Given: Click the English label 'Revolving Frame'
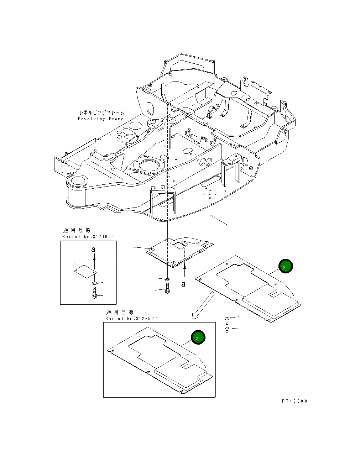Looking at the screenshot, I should click(101, 119).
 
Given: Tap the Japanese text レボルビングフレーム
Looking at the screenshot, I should click(101, 113).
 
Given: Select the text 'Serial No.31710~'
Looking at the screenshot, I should click(89, 237).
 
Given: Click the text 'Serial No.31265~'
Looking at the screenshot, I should click(131, 318).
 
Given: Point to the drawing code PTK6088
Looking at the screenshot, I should click(294, 401).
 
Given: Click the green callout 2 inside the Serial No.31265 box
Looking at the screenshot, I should click(198, 338).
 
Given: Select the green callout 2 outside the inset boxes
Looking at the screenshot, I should click(286, 266).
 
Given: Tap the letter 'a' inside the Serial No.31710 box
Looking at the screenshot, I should click(93, 250).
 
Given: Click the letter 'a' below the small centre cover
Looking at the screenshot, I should click(183, 284).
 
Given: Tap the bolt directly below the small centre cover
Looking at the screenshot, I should click(167, 289).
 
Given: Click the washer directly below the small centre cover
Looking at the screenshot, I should click(167, 279).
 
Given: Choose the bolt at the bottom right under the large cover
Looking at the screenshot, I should click(227, 327).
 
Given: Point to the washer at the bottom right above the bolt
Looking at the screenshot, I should click(227, 318).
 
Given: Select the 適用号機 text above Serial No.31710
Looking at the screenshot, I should click(77, 231).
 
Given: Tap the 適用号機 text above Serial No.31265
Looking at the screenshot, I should click(120, 312).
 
